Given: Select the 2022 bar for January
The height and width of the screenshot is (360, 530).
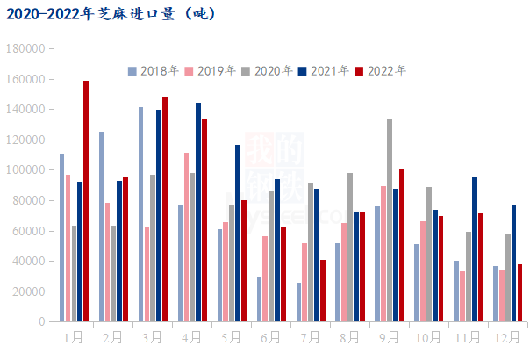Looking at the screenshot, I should click(x=86, y=201).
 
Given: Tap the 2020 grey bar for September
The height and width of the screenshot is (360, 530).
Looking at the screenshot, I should click(x=390, y=220).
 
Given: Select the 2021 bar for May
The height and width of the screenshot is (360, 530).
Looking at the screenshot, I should click(x=238, y=234).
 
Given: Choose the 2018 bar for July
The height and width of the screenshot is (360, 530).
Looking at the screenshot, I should click(x=298, y=302).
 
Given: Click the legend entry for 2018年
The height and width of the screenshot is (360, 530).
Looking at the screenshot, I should click(x=154, y=71).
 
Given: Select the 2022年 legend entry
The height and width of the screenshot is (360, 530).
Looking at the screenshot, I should click(x=381, y=71).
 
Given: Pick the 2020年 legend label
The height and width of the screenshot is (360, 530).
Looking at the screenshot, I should click(x=267, y=71).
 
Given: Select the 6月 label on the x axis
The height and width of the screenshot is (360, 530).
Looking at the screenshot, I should click(x=271, y=336).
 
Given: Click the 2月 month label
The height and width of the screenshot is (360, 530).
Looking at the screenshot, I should click(x=112, y=336).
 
